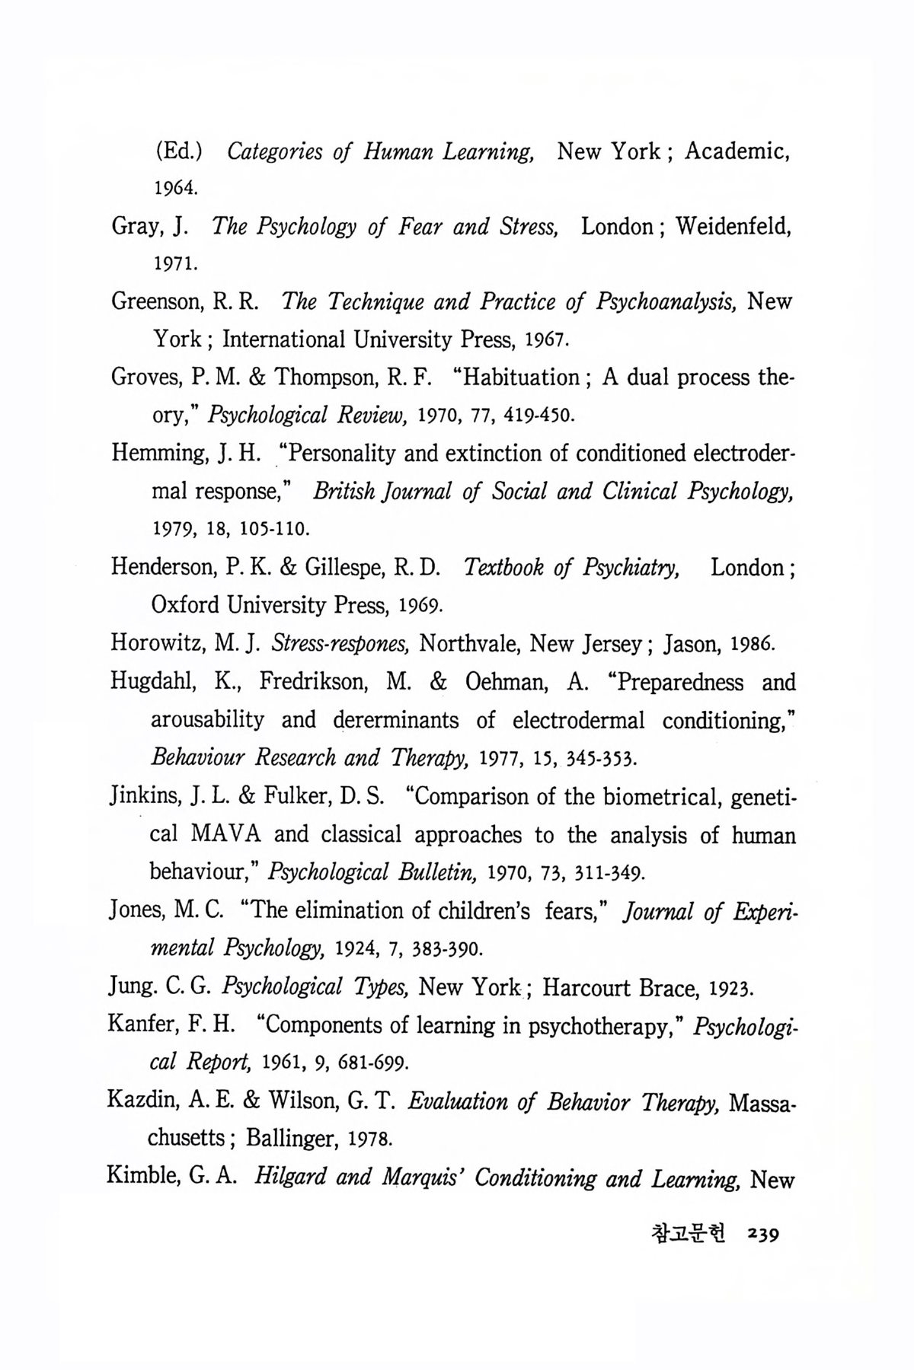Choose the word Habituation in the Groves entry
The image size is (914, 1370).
(516, 378)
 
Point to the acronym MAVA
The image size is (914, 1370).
(226, 835)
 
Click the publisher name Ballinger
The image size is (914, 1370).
(291, 1139)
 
